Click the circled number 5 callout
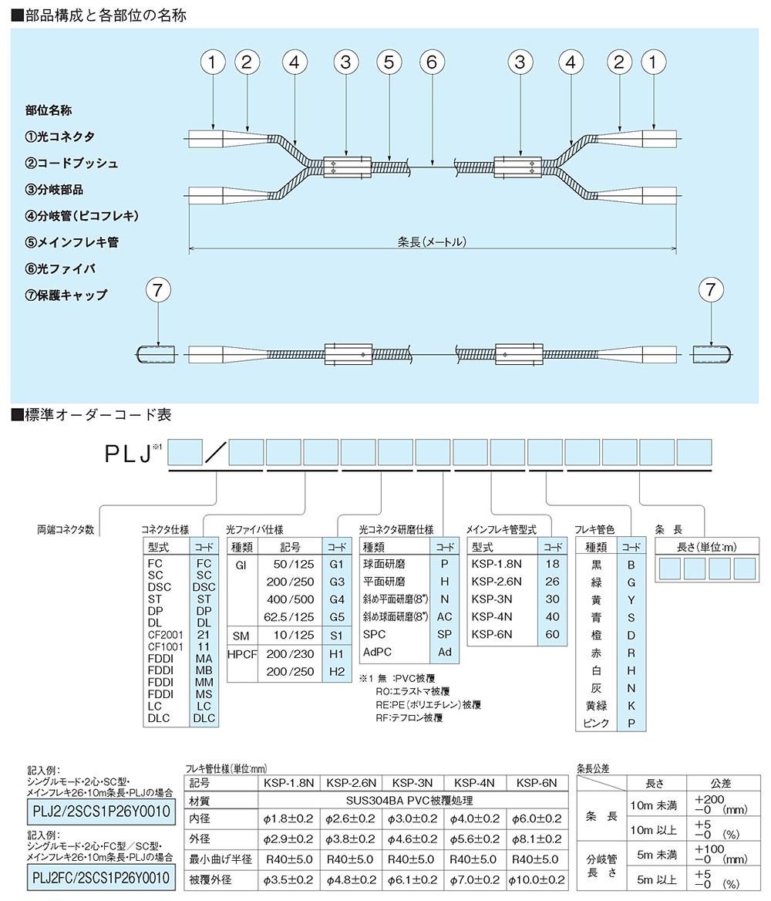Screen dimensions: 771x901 point(389,62)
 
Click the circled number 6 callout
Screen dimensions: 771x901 point(432,62)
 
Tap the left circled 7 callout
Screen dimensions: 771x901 point(158,289)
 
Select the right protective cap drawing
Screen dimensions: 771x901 point(712,354)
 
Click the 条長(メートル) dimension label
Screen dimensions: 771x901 point(432,242)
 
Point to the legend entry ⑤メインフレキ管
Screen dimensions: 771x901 point(72,242)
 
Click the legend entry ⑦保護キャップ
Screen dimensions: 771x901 point(66,295)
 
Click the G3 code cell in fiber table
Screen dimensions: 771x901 point(337,582)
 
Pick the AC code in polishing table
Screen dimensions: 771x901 point(445,616)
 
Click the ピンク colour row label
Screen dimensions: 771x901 point(596,723)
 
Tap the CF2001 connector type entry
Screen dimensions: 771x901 point(166,635)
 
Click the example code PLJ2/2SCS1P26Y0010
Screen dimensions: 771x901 point(101,812)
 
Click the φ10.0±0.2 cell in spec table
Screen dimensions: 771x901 point(537,879)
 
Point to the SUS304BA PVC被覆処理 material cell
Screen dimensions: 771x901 point(409,801)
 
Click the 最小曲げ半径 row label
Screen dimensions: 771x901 point(221,859)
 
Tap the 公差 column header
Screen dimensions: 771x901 point(720,783)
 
